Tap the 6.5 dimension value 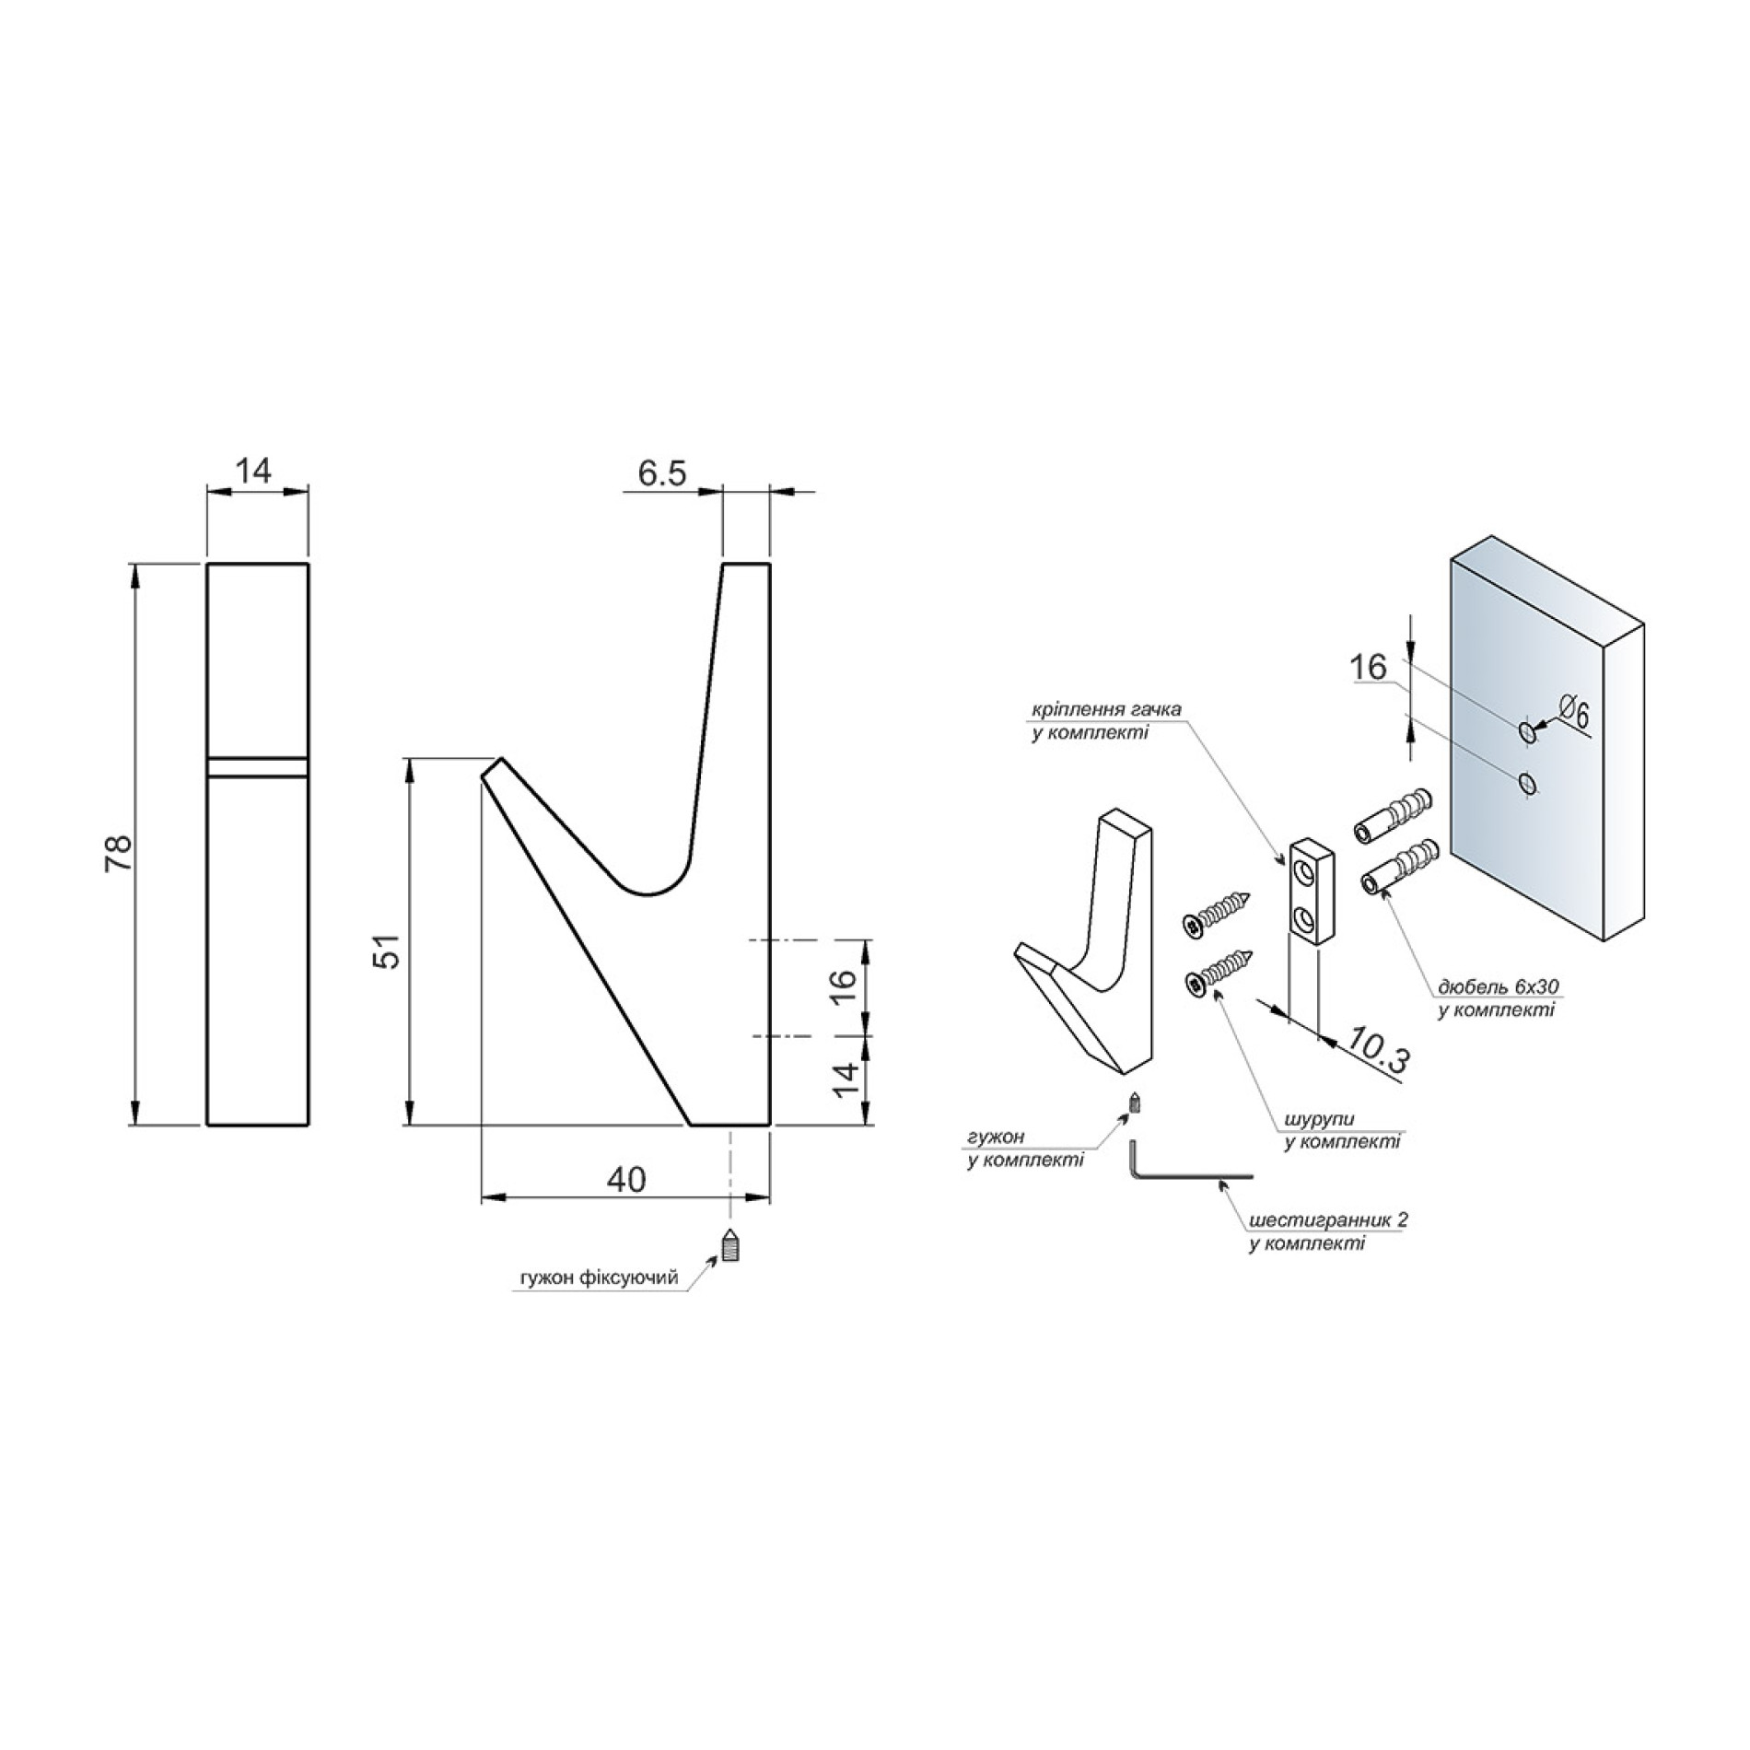point(663,473)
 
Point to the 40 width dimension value point(626,1180)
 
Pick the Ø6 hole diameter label point(1574,712)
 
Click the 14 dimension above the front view point(253,471)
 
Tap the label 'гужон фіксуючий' point(600,1277)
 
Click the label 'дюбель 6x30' point(1499,987)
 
